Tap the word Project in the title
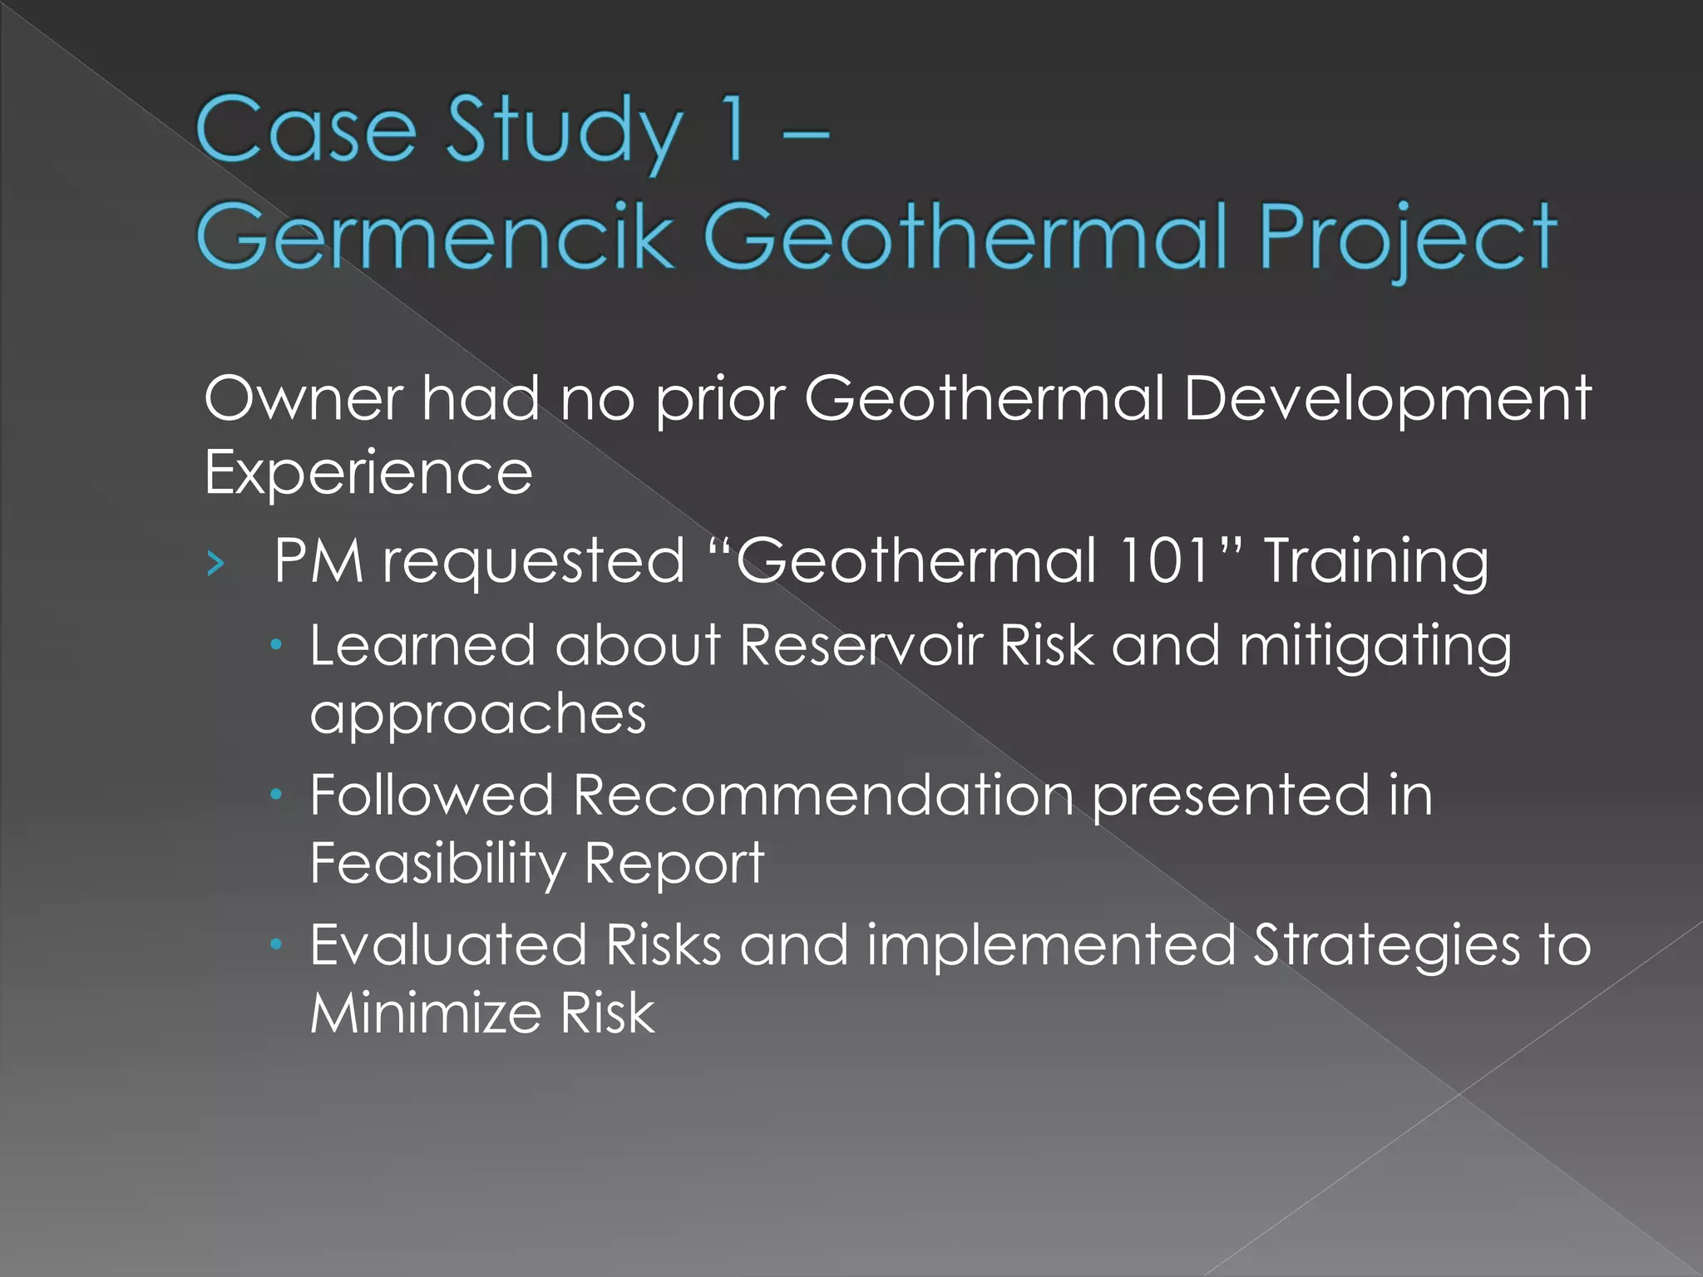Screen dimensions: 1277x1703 pos(1407,239)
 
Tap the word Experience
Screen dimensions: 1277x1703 pos(368,472)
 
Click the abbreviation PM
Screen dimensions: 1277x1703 pos(318,560)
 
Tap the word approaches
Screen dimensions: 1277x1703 pos(478,713)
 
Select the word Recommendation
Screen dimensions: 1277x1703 pos(823,795)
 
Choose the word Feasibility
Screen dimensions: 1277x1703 pos(437,863)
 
